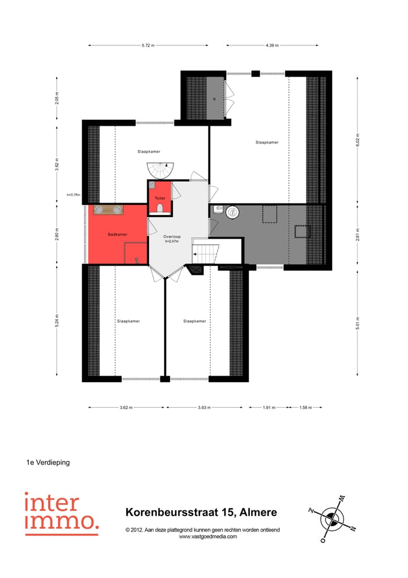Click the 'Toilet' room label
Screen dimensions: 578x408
[160, 198]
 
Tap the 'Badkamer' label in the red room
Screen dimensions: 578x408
[117, 234]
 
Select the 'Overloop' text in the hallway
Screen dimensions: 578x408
[172, 236]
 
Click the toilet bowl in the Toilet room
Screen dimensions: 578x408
[160, 209]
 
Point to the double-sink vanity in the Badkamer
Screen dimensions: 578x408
[108, 210]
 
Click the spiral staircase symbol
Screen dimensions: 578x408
[159, 169]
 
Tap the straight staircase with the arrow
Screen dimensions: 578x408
[206, 252]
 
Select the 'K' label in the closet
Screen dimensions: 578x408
[214, 99]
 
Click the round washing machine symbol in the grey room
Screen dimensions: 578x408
[232, 213]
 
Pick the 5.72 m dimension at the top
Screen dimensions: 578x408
[148, 45]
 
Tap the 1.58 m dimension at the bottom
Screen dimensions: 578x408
[306, 407]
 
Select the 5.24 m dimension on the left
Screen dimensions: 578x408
[57, 321]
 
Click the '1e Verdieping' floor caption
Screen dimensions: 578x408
[48, 462]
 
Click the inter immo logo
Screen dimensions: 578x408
[61, 513]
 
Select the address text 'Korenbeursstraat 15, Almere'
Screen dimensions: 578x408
[201, 512]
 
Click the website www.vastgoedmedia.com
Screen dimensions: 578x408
[208, 537]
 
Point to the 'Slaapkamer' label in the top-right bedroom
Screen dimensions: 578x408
[267, 143]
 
